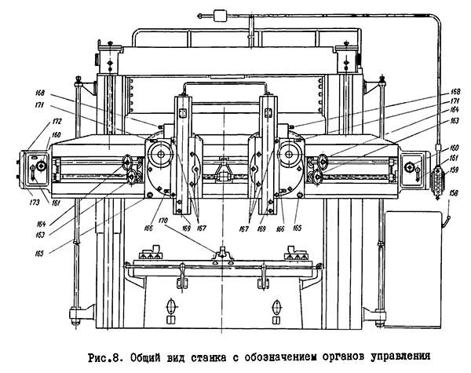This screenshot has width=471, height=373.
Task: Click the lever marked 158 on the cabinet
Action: click(444, 224)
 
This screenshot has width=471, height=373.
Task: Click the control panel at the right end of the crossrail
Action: click(414, 168)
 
